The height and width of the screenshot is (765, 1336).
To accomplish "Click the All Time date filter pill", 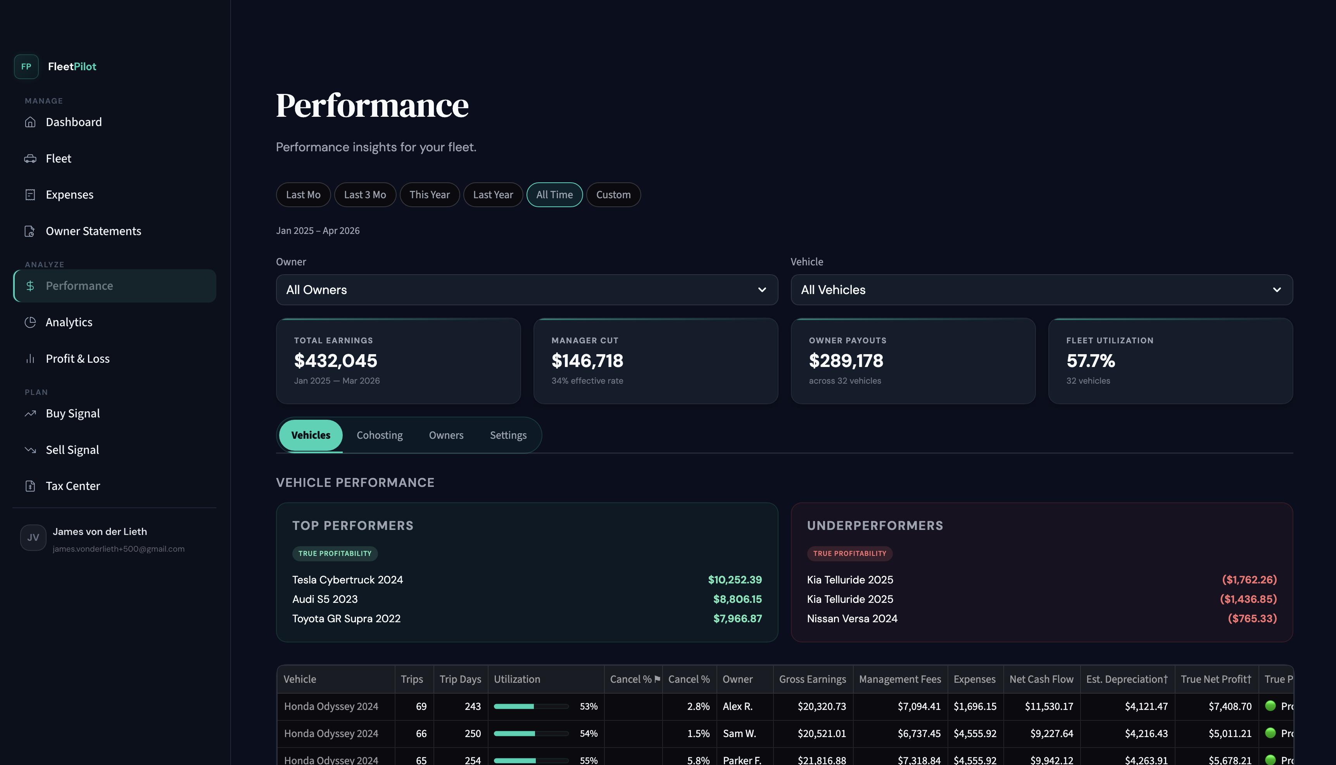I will pos(554,194).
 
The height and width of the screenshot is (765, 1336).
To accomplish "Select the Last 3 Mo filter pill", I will pos(365,194).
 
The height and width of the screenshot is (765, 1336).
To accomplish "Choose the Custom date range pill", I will pos(613,194).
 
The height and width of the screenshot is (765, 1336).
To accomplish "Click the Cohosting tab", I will pos(380,435).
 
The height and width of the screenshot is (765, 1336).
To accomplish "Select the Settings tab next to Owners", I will pos(507,435).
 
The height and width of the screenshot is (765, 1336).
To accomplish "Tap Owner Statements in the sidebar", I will pos(93,231).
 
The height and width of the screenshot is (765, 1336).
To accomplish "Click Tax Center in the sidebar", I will pos(72,486).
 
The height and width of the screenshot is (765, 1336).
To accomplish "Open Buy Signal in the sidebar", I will pos(72,414).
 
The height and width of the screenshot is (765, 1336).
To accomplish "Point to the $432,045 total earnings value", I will pos(335,360).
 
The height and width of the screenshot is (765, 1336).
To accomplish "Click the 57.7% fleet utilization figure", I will pos(1090,360).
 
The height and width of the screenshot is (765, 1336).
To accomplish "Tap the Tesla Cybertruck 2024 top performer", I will pos(347,580).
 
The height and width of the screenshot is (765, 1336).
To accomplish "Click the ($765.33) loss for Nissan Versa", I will pos(1252,618).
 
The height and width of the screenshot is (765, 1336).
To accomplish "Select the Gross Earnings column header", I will pos(812,679).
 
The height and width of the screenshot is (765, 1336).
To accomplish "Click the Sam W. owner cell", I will pos(739,734).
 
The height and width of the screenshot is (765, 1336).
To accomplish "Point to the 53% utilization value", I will pos(589,706).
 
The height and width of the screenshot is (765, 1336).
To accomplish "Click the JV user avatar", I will pos(33,538).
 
